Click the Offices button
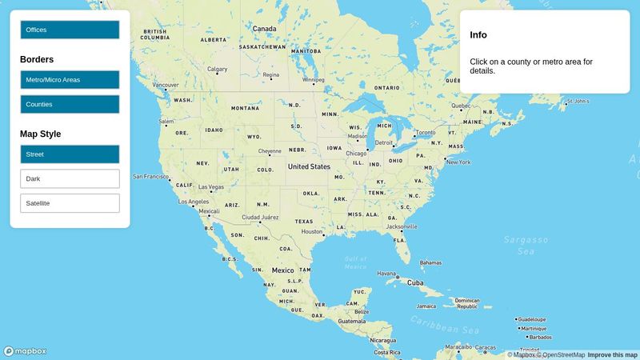(x=70, y=30)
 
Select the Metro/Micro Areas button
(x=70, y=80)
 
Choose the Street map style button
(x=70, y=154)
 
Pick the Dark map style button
(x=70, y=178)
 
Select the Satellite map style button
(x=70, y=203)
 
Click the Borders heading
(x=37, y=59)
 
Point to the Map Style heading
(x=40, y=134)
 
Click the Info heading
(x=478, y=35)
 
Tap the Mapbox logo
(x=25, y=351)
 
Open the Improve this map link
(x=613, y=355)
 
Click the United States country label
(x=309, y=166)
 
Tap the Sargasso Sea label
(x=526, y=245)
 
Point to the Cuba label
(x=415, y=282)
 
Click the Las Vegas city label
(x=211, y=187)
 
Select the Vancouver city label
(x=166, y=85)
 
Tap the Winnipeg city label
(x=314, y=80)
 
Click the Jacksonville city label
(x=402, y=226)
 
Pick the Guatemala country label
(x=351, y=321)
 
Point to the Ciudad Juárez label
(x=260, y=217)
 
